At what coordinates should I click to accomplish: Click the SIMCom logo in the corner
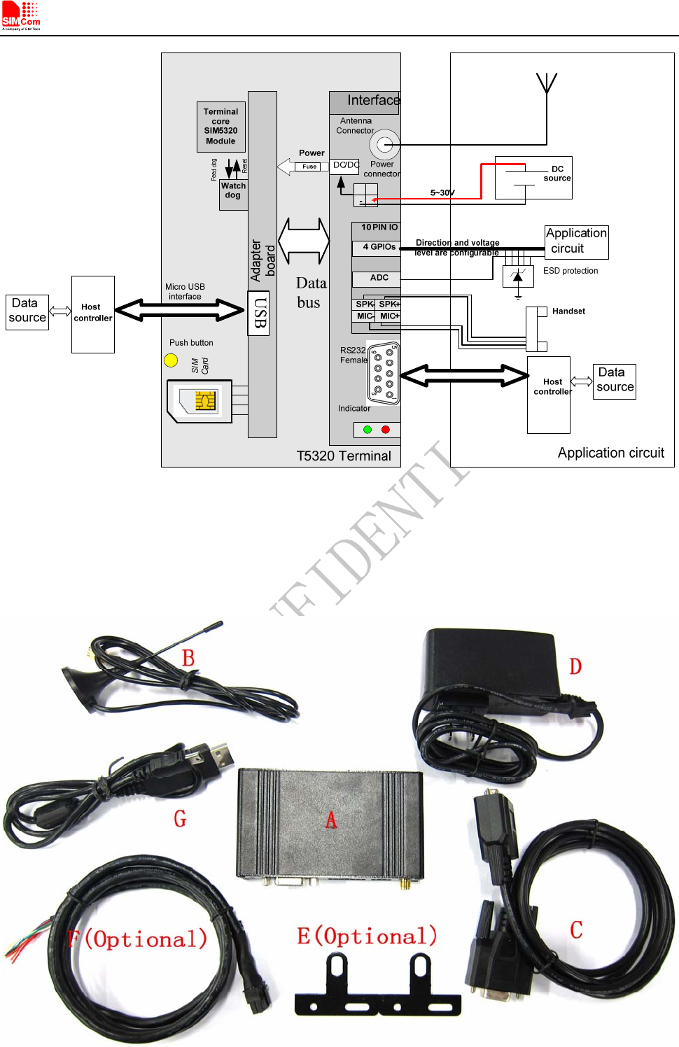tap(21, 15)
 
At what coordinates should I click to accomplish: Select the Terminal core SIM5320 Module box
tap(220, 127)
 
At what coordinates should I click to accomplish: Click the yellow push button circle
tap(171, 360)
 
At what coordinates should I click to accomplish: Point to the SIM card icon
tap(200, 401)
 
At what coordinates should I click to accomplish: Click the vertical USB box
tap(258, 313)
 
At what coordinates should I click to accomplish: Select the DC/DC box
tap(344, 166)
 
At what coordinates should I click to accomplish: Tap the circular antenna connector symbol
tap(384, 145)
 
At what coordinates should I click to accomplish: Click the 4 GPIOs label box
tap(377, 248)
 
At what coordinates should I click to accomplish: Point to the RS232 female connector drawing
tap(384, 373)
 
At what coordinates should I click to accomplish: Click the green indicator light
tap(367, 430)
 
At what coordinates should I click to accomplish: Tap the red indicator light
tap(385, 430)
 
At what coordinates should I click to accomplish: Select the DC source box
tap(533, 178)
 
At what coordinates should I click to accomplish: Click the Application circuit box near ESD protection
tap(576, 241)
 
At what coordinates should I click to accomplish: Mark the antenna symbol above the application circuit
tap(546, 84)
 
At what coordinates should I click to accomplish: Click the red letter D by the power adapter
tap(575, 666)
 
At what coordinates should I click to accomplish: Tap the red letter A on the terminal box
tap(331, 820)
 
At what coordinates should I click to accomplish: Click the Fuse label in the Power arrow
tap(309, 167)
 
